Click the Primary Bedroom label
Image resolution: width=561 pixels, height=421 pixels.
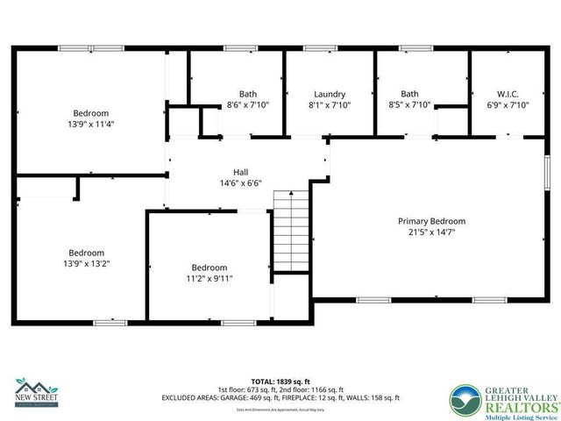[432, 221]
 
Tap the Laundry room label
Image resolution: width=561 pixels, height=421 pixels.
[330, 94]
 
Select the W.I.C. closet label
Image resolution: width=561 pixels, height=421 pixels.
[508, 94]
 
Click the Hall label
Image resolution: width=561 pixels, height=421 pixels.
[240, 172]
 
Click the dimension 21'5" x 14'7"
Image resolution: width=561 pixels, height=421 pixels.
[432, 232]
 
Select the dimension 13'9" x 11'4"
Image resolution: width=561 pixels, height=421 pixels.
[91, 124]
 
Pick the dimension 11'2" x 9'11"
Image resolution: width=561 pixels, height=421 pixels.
[209, 279]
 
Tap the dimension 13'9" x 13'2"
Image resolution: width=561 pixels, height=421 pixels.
[87, 263]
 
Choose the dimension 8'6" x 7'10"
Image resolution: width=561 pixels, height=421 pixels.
[248, 105]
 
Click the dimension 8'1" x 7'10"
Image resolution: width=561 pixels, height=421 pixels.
[330, 105]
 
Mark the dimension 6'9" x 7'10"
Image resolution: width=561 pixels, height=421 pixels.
[508, 105]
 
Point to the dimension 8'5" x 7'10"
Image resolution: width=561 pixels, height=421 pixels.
[410, 105]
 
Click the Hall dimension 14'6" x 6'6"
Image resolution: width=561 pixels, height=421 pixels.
[240, 183]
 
